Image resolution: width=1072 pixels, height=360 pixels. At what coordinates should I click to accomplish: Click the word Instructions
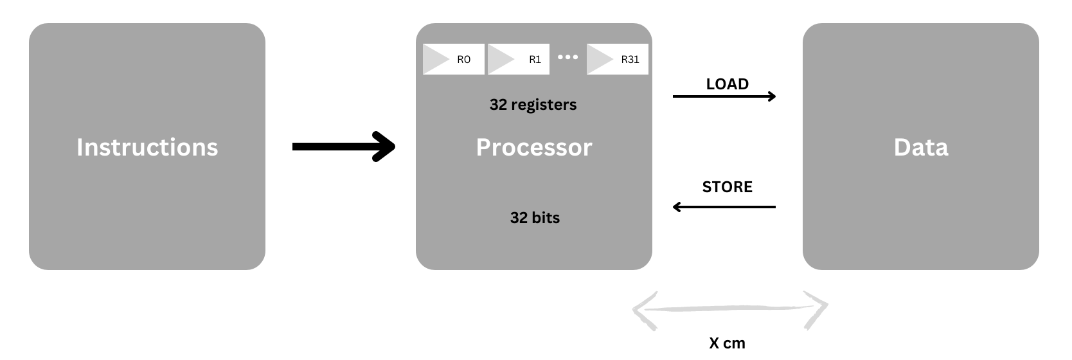click(x=147, y=147)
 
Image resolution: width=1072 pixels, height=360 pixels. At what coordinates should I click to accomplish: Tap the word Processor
click(x=534, y=147)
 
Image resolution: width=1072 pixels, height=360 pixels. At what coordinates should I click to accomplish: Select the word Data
click(x=920, y=147)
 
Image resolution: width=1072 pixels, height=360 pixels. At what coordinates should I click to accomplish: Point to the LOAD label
click(x=727, y=84)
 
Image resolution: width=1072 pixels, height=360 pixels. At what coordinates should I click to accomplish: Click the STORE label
click(x=727, y=187)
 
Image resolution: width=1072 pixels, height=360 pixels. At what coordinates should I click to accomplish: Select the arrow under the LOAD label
click(x=724, y=96)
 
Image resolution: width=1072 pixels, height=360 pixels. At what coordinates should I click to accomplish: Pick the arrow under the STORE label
click(x=724, y=207)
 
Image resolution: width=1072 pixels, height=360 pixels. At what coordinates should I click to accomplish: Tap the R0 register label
click(x=463, y=60)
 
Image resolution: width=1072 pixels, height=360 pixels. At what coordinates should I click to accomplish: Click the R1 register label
click(x=535, y=60)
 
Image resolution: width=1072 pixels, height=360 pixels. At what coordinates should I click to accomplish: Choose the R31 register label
click(x=630, y=60)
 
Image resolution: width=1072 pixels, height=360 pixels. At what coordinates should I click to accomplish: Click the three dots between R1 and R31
click(x=567, y=57)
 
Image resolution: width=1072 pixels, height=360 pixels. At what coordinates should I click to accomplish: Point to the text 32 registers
click(x=533, y=105)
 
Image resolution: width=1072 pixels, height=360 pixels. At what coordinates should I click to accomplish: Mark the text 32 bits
click(x=535, y=218)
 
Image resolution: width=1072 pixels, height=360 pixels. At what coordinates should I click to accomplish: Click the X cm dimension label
click(x=727, y=343)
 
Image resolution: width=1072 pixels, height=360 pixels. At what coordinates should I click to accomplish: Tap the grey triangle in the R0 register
click(x=434, y=60)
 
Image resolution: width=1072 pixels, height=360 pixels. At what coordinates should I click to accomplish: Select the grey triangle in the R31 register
click(x=599, y=60)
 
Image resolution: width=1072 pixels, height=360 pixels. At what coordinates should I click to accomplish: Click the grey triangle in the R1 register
click(x=500, y=60)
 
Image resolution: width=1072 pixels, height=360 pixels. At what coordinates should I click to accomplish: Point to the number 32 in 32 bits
click(x=519, y=218)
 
